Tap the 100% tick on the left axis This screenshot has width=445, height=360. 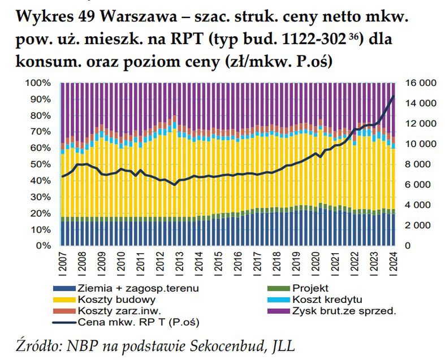[x=40, y=83]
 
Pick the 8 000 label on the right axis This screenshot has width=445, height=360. [x=422, y=164]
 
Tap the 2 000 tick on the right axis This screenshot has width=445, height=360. [x=422, y=225]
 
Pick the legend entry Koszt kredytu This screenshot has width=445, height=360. [x=327, y=300]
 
